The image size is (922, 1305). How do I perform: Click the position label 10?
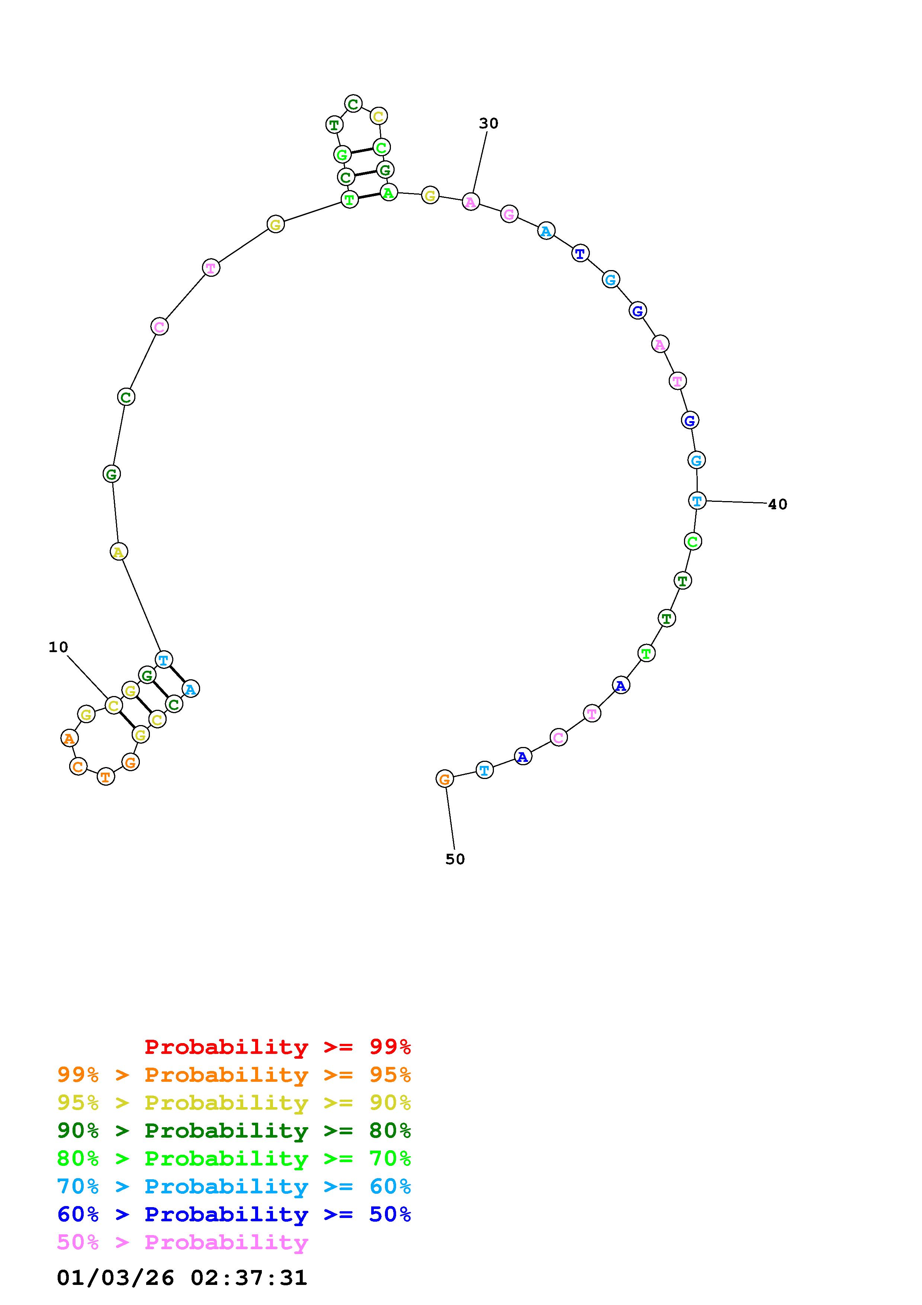click(58, 647)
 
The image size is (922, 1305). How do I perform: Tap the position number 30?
click(489, 124)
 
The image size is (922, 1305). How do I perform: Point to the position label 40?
click(778, 504)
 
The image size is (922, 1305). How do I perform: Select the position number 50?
click(455, 859)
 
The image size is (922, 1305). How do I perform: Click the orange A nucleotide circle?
click(69, 738)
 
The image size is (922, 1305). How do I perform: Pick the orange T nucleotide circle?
click(106, 776)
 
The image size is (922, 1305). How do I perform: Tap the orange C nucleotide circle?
click(78, 766)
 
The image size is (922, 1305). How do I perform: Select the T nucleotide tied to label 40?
click(697, 501)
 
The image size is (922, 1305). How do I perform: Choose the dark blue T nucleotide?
click(580, 253)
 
